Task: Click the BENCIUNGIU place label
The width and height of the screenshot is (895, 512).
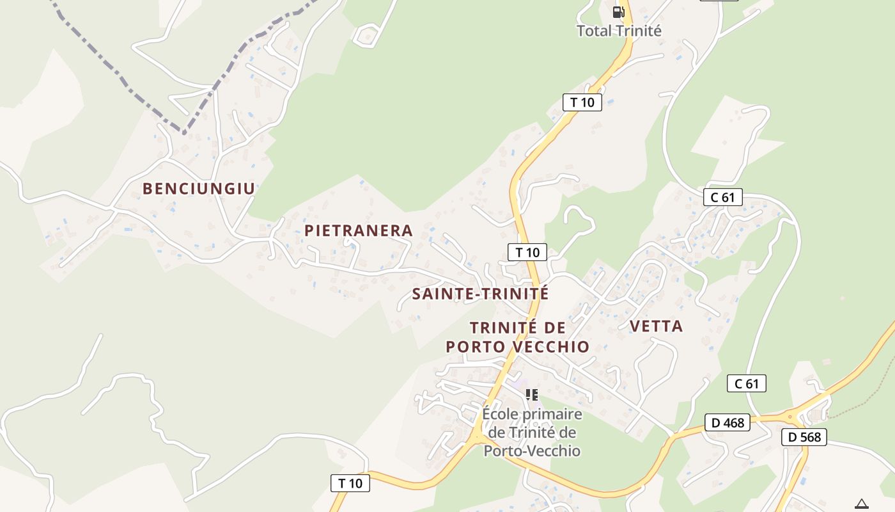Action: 199,189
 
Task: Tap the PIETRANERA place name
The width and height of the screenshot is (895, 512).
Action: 359,230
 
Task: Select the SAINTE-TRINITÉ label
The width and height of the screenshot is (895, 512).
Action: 480,294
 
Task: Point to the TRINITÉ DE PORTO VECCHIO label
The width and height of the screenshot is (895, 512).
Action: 517,337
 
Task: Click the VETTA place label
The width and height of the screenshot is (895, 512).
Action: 656,326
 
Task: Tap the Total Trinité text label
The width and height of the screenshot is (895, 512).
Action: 619,31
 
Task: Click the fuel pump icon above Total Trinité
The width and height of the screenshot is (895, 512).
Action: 618,12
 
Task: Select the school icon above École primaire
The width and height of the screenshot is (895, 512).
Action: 532,395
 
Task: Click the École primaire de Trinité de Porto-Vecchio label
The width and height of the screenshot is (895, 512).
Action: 532,433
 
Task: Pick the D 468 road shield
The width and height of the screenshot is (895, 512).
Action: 728,422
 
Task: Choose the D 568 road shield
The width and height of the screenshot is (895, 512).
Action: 804,437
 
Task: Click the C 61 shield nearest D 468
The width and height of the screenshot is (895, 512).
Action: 747,383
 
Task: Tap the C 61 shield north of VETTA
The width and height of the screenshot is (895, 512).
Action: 723,197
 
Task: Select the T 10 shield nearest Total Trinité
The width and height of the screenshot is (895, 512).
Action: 582,102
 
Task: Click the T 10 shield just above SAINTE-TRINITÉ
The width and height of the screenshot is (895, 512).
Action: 527,252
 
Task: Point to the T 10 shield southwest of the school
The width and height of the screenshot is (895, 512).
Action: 350,483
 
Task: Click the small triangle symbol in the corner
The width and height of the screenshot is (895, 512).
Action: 862,504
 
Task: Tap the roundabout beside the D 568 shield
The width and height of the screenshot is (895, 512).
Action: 790,417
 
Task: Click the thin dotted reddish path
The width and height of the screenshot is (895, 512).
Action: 857,403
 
